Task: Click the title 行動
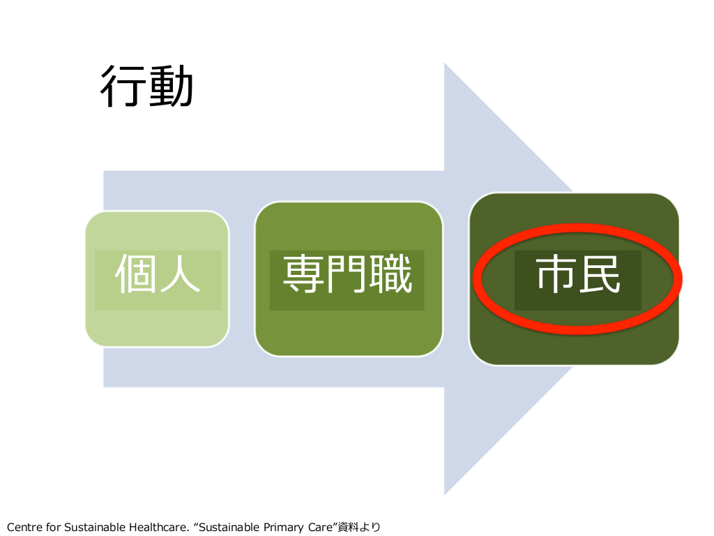tap(146, 86)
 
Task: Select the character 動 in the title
tap(171, 86)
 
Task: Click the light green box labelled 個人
tap(157, 279)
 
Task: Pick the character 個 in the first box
tap(135, 274)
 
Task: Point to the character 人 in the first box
tap(179, 274)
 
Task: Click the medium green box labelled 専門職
tap(349, 279)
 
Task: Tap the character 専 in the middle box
tap(304, 274)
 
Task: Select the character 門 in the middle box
tap(347, 274)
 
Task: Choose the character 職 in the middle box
tap(390, 274)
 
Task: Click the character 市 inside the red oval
tap(556, 274)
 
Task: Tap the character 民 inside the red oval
tap(599, 274)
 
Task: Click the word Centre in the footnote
tap(24, 528)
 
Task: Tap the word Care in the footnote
tap(322, 528)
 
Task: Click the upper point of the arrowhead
tap(444, 63)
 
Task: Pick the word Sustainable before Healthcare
tap(95, 528)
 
